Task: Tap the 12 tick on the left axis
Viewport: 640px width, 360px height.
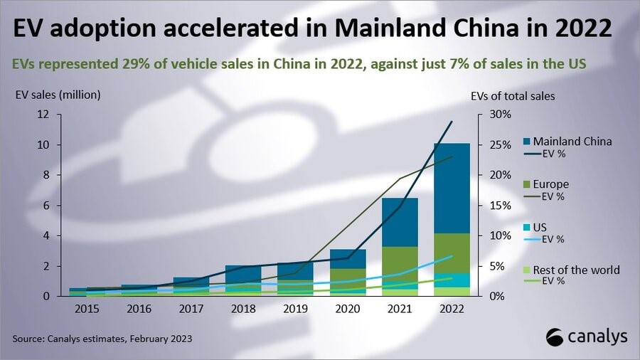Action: click(43, 115)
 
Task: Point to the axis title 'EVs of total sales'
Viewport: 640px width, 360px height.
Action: click(513, 95)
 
